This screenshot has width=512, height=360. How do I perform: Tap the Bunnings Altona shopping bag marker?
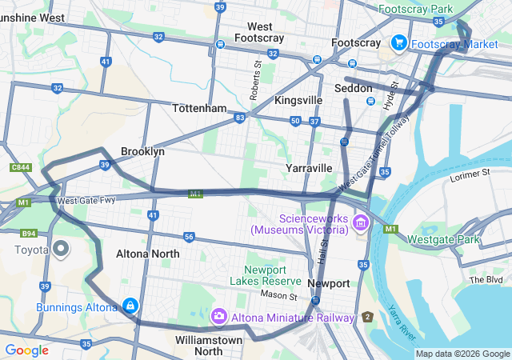tap(130, 306)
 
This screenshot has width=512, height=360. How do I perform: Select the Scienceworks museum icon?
tap(361, 222)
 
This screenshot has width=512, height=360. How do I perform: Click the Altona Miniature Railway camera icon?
tap(218, 318)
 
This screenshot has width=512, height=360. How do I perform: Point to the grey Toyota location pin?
tap(62, 249)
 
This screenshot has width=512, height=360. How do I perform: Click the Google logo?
tap(26, 350)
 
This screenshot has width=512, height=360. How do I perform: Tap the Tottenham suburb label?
tap(199, 108)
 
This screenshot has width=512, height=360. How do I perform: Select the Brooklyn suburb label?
tap(142, 151)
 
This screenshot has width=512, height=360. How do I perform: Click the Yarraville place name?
tap(309, 168)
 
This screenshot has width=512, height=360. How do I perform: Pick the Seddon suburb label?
tap(354, 88)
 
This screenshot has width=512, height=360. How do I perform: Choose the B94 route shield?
tap(29, 234)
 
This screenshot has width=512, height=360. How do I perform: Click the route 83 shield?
tap(240, 118)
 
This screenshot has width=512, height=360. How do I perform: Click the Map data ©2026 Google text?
tap(462, 354)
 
